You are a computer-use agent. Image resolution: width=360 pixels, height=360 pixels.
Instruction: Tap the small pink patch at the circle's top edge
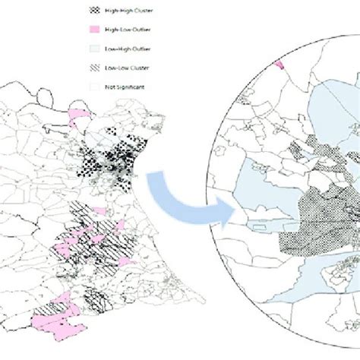(282, 65)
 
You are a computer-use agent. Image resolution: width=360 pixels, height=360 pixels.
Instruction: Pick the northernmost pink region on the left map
(78, 115)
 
